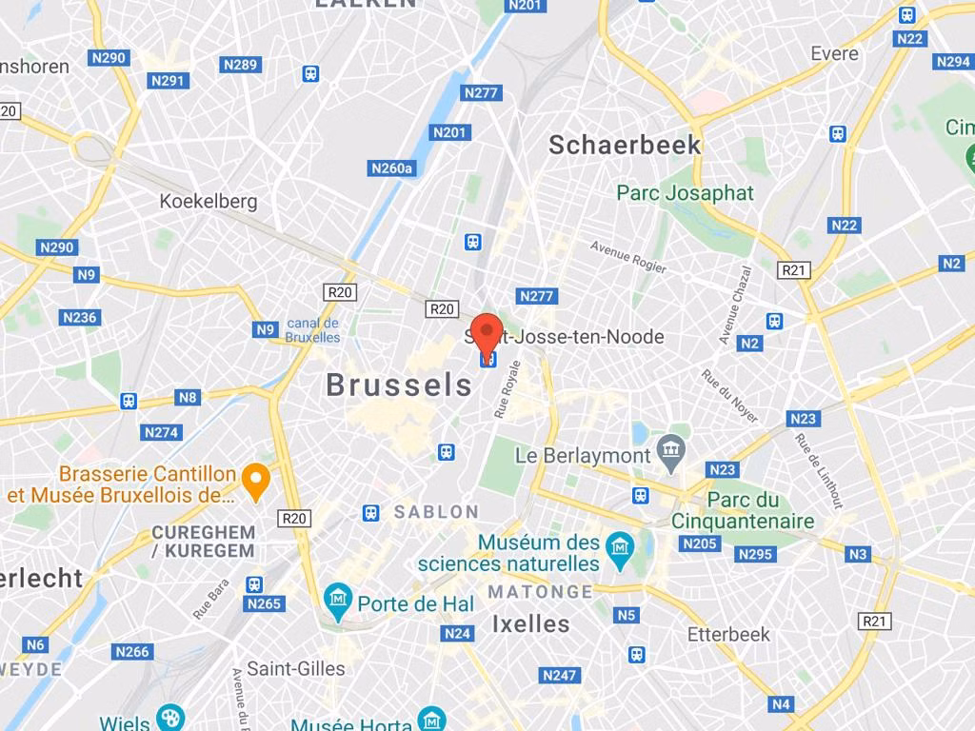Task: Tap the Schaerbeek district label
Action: click(625, 145)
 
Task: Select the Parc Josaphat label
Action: click(685, 193)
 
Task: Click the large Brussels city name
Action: click(399, 385)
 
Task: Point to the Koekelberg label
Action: click(209, 201)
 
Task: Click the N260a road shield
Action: click(392, 168)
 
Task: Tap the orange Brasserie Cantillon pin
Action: click(255, 481)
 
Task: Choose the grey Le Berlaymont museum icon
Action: click(671, 454)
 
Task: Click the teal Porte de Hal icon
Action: click(337, 600)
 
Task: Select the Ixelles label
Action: click(530, 624)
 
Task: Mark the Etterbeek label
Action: click(728, 634)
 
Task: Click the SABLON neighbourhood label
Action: click(437, 512)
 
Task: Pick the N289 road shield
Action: click(240, 65)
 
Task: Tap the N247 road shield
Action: click(559, 675)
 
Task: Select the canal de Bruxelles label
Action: click(312, 330)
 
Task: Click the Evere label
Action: click(834, 53)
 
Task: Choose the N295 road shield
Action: click(755, 554)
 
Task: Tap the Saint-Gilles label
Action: click(296, 668)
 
